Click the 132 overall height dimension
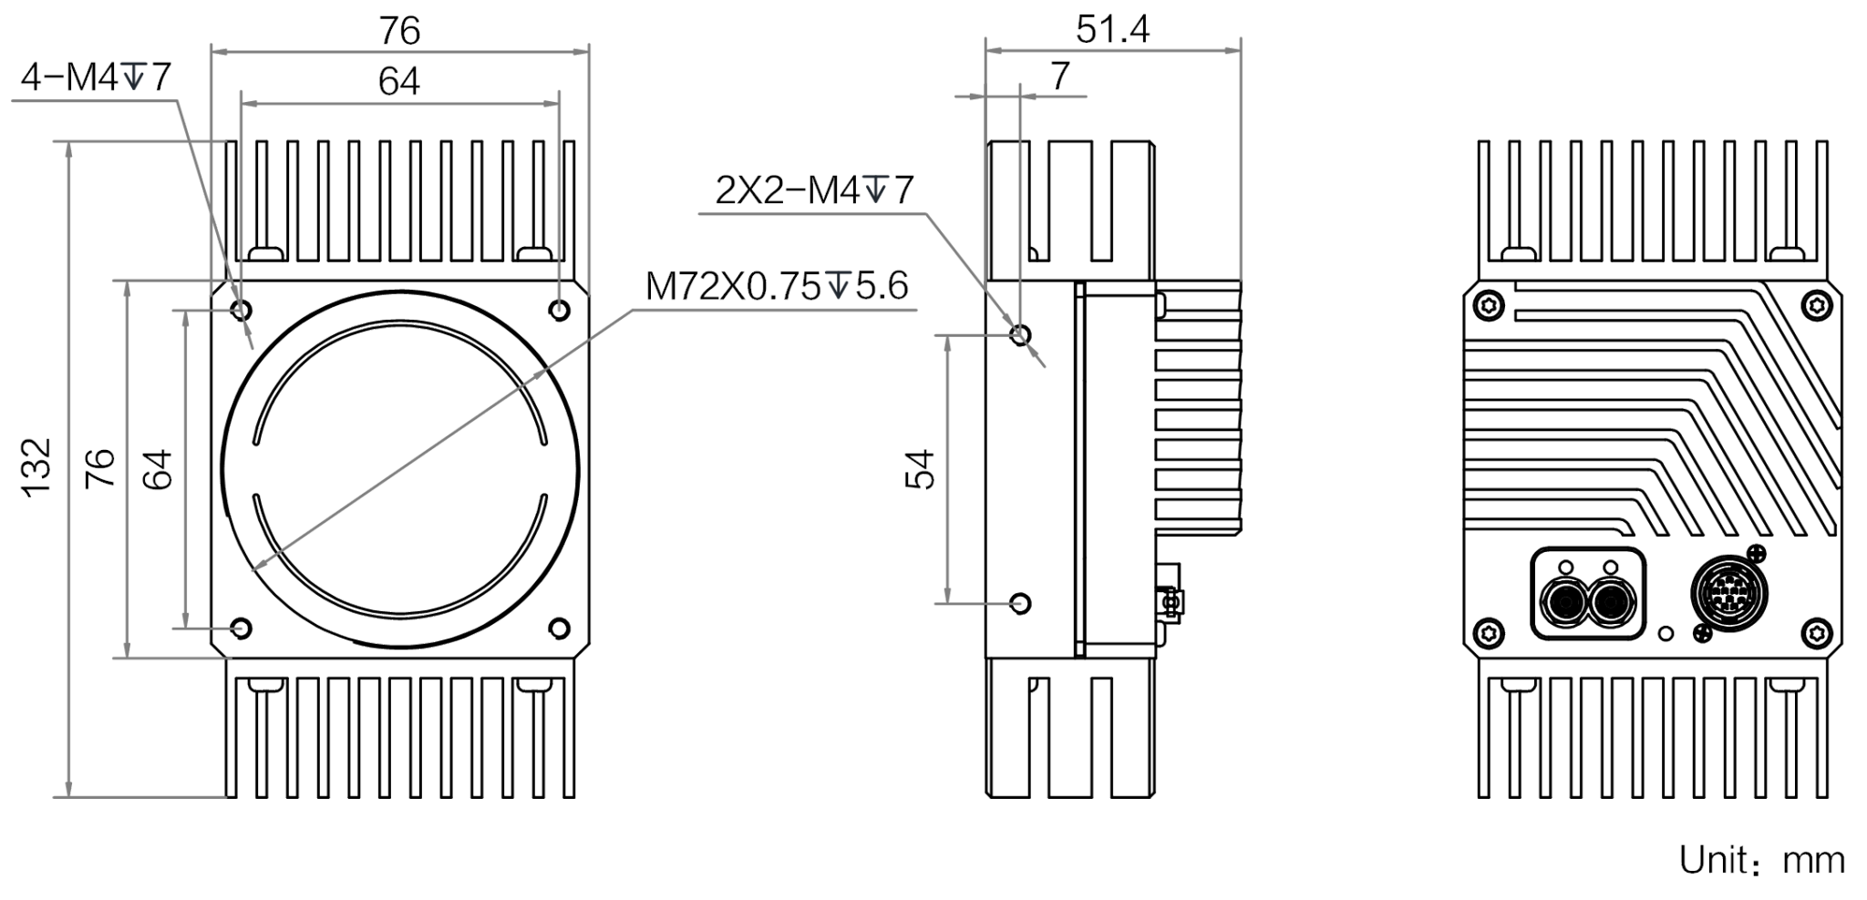(36, 467)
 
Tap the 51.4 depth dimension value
(1112, 29)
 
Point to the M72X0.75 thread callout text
(777, 286)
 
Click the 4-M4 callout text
(95, 78)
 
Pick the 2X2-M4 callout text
(814, 190)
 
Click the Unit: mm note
(1762, 860)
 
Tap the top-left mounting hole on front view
(242, 311)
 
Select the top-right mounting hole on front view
(560, 311)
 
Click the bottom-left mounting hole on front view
(242, 628)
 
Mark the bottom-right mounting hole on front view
(560, 628)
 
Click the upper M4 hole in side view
(1021, 334)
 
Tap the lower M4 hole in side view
(1021, 603)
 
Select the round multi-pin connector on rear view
(1728, 593)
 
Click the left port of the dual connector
(1566, 602)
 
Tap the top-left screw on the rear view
(1491, 305)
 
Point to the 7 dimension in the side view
(1059, 77)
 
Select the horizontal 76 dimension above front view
(399, 31)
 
